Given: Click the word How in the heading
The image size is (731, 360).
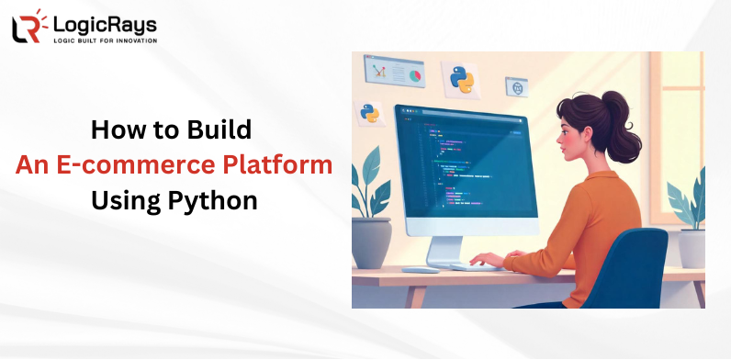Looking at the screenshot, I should [x=114, y=129].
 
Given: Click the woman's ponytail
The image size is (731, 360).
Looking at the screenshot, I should [x=627, y=119].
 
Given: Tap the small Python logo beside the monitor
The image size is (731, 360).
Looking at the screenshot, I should [x=370, y=113].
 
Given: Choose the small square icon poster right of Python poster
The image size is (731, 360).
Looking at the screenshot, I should [x=517, y=87].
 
